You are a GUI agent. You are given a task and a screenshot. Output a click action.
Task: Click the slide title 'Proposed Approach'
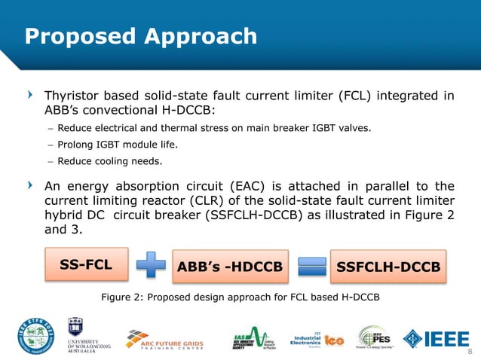141,36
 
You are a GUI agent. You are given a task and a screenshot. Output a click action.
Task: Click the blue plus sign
153,267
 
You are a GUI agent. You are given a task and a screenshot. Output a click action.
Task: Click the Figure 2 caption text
240,297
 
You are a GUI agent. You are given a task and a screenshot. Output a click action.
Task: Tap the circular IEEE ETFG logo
35,337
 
